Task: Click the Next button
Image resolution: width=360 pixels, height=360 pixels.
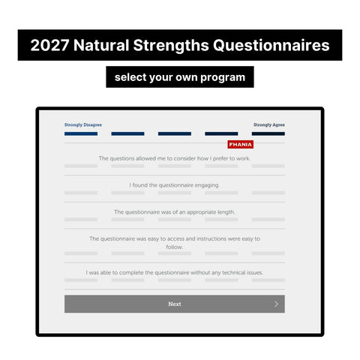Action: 175,304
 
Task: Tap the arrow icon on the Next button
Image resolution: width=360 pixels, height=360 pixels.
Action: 276,304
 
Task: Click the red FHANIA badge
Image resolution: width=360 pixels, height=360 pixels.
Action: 241,145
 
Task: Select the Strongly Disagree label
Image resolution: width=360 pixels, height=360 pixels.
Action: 83,124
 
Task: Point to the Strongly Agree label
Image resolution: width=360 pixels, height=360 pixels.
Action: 269,124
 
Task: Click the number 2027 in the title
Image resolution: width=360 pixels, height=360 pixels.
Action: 49,45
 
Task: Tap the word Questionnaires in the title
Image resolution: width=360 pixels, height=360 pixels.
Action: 271,45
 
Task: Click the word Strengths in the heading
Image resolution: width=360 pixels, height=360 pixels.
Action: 171,45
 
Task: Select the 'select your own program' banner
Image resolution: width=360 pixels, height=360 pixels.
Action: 180,77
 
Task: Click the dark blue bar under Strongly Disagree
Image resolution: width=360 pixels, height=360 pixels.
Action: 81,133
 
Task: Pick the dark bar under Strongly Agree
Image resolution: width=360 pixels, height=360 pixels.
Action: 268,133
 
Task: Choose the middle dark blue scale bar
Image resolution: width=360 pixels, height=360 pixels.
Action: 175,133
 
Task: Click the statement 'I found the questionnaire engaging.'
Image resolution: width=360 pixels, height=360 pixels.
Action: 174,185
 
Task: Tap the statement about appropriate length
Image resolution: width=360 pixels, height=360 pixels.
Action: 175,212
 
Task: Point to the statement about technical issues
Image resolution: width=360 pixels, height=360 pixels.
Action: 175,272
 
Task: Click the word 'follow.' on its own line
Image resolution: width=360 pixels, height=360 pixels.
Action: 175,247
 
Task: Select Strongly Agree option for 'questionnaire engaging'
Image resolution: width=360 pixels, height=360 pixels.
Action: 268,193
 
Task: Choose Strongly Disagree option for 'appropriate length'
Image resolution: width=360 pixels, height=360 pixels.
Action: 81,220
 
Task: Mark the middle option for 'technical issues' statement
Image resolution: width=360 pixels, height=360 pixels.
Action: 175,280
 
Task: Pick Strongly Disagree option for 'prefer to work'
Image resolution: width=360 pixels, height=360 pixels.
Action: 81,166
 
